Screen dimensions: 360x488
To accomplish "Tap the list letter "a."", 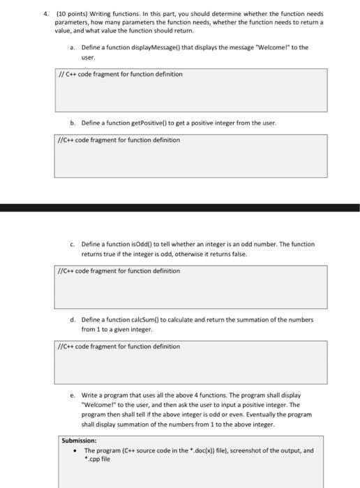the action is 73,47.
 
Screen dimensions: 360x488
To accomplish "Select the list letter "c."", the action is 73,244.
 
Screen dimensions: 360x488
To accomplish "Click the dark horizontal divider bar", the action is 180,207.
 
